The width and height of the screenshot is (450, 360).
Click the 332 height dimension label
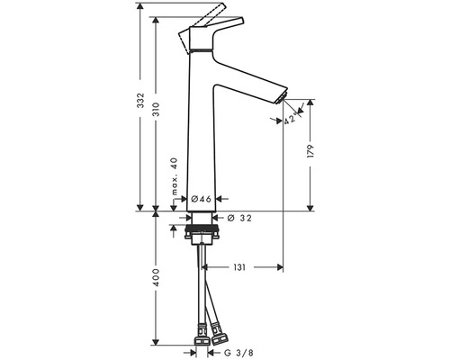(x=140, y=101)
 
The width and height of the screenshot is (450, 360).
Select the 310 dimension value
(x=157, y=110)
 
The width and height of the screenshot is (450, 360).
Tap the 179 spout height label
(x=310, y=151)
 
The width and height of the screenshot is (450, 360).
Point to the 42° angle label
(x=290, y=119)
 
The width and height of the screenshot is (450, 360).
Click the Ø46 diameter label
(x=202, y=199)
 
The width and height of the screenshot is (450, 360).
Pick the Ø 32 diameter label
(x=239, y=218)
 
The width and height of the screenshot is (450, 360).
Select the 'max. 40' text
(x=175, y=176)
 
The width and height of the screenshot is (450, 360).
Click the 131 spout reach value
(x=239, y=267)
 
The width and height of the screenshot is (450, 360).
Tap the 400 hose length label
(x=157, y=277)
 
